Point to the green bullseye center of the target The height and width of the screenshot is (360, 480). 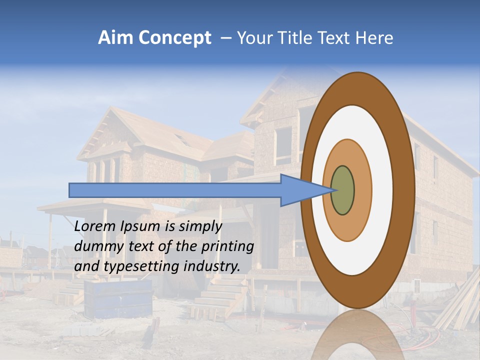[342, 190]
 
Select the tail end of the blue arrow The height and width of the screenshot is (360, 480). [70, 190]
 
